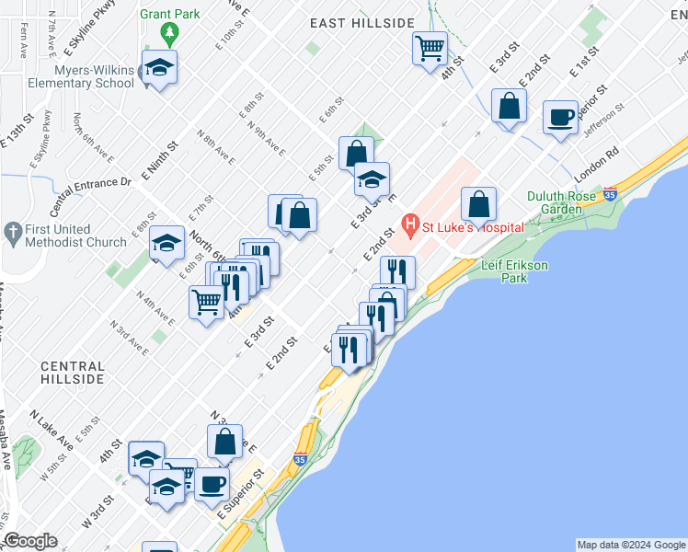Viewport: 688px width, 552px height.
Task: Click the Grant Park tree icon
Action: point(169,34)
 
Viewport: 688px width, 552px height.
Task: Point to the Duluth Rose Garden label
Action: point(567,202)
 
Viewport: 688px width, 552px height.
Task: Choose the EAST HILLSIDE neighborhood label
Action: point(361,22)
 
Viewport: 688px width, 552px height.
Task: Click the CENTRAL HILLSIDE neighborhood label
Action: point(72,373)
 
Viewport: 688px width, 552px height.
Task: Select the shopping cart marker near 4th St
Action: point(430,48)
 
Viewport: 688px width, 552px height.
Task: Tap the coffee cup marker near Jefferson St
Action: point(560,118)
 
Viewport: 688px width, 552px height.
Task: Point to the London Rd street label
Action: point(597,164)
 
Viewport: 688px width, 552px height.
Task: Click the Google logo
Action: point(31,541)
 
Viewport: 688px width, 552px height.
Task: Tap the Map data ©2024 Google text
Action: point(630,545)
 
